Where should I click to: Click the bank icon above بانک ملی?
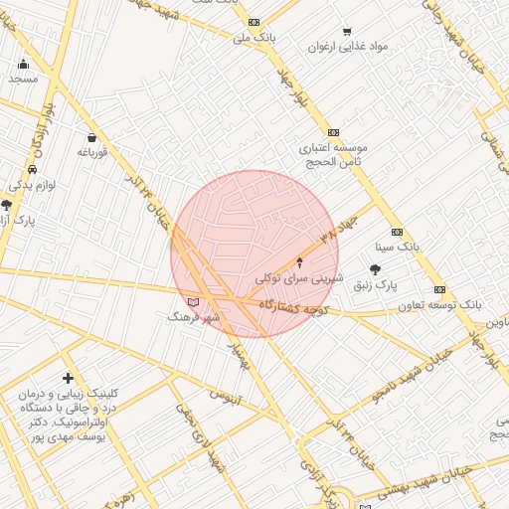click(x=254, y=22)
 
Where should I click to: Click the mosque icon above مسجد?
click(x=24, y=64)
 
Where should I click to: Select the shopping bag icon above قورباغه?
click(x=92, y=138)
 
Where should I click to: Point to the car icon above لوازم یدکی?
click(x=34, y=170)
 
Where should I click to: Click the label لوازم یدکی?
click(x=35, y=186)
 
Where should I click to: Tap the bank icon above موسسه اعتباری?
click(x=333, y=132)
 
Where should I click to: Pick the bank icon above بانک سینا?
click(x=397, y=231)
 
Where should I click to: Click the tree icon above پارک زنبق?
click(x=375, y=269)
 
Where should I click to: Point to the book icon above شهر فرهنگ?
click(x=193, y=301)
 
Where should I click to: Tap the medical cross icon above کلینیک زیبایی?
click(x=68, y=378)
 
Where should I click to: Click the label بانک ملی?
click(x=253, y=38)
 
